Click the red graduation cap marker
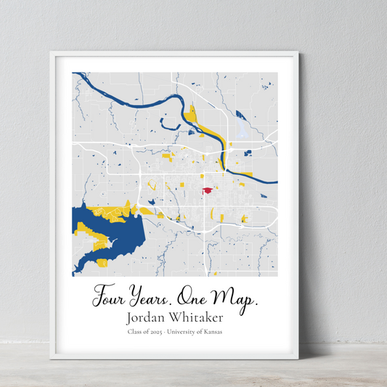point(208,190)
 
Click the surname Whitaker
point(198,317)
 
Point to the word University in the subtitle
point(186,332)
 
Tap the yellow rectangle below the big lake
point(102,262)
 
